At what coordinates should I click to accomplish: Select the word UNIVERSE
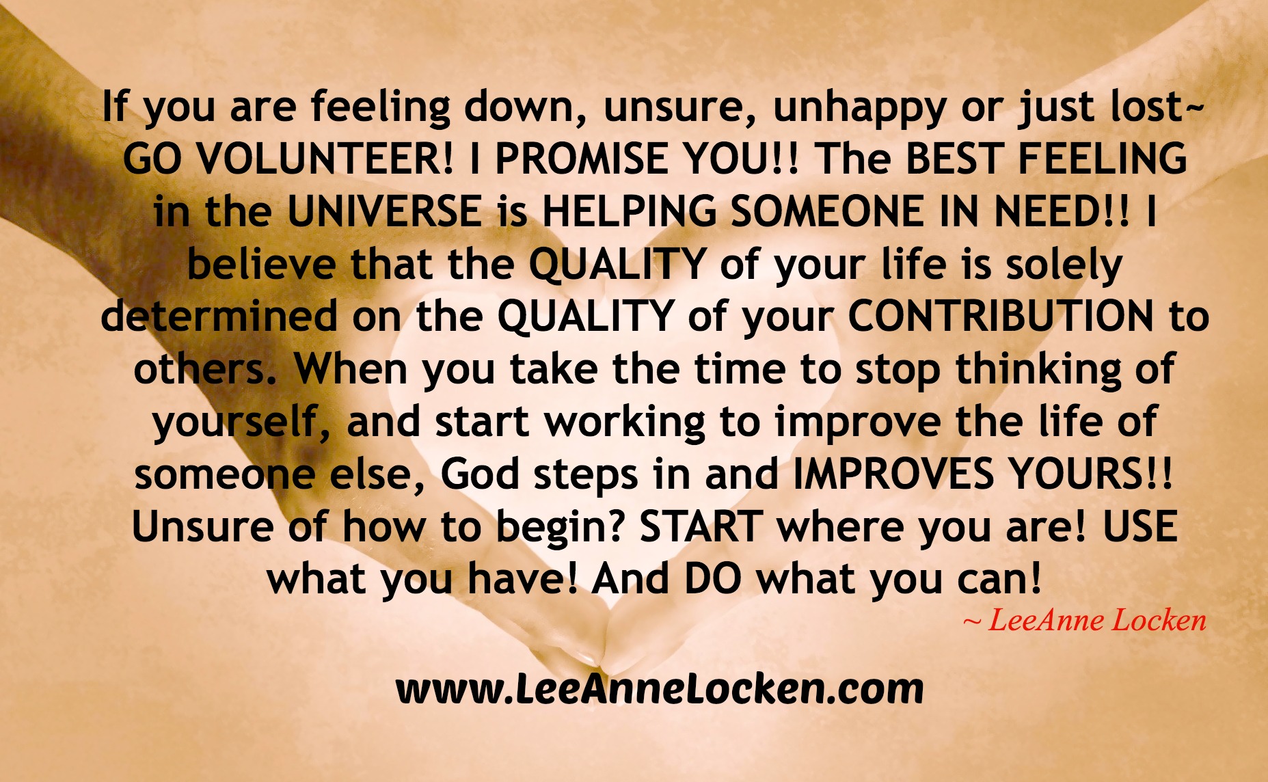tap(383, 211)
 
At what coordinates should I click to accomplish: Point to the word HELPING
tap(630, 211)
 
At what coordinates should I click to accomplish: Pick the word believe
tap(261, 264)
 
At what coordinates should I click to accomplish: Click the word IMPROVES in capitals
tap(893, 474)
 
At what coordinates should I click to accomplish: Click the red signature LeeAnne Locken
tap(1085, 620)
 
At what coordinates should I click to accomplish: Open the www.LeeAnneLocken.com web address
tap(660, 688)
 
